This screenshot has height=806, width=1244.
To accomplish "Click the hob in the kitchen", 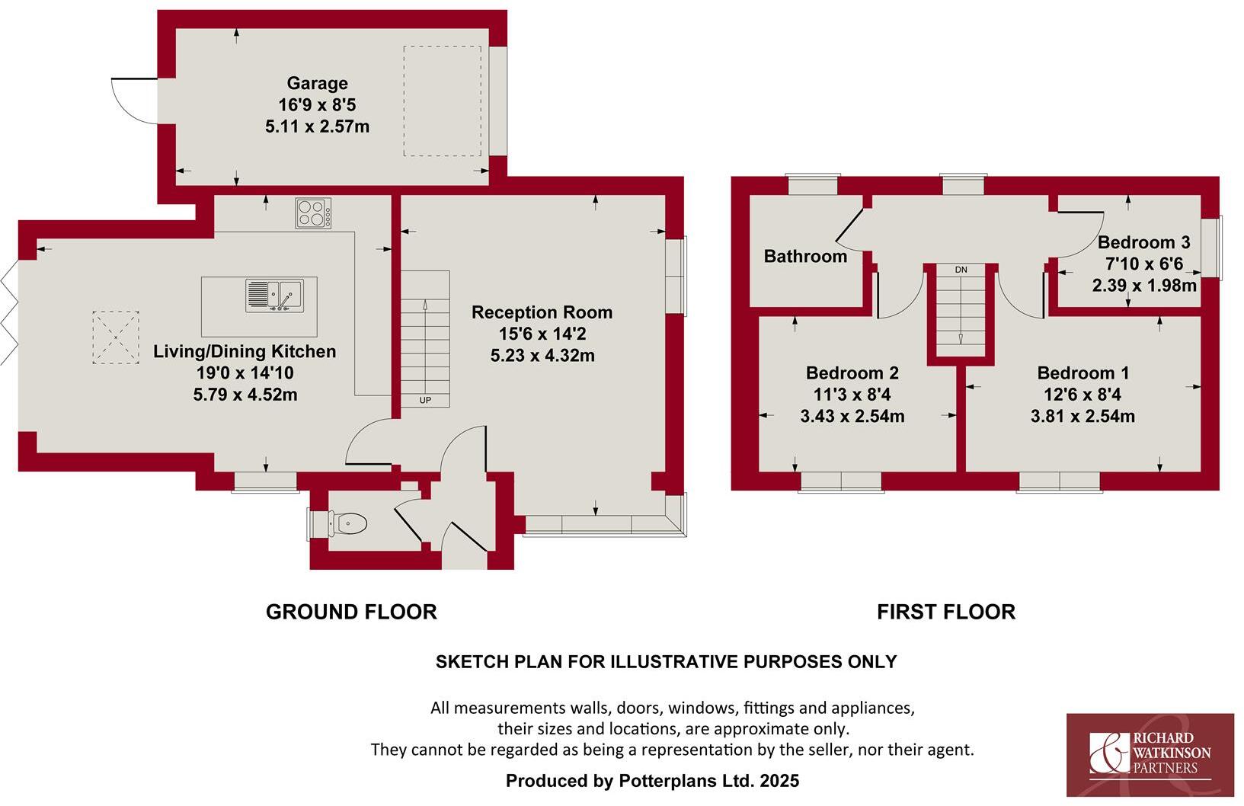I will point(313,213).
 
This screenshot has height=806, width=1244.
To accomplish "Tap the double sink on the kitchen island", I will point(273,296).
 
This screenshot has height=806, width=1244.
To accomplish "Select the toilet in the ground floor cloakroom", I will point(350,523).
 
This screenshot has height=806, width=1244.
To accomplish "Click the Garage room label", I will point(317,83).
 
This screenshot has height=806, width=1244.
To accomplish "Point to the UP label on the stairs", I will point(425,399).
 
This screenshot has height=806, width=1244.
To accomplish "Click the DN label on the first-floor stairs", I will point(961,270).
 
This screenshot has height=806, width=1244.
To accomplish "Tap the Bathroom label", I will point(805,257).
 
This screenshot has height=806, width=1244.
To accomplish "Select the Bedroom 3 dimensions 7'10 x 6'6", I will point(1143,264).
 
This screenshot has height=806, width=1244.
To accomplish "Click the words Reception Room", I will point(542,312).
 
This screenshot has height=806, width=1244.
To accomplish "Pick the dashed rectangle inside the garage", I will point(442,101).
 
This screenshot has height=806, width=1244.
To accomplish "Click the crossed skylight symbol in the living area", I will point(116,336).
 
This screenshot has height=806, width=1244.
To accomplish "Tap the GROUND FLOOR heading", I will point(351,612).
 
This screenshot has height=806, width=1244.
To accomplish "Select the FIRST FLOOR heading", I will point(945,612).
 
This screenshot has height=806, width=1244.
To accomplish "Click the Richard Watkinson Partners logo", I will point(1150,754).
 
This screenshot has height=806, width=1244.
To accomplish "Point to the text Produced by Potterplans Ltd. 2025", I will point(652,781).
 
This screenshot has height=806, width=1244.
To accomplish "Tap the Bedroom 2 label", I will point(852,373).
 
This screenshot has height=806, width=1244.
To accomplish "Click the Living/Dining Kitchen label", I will point(245,352).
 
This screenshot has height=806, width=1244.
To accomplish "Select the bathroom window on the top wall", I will point(812,185).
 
